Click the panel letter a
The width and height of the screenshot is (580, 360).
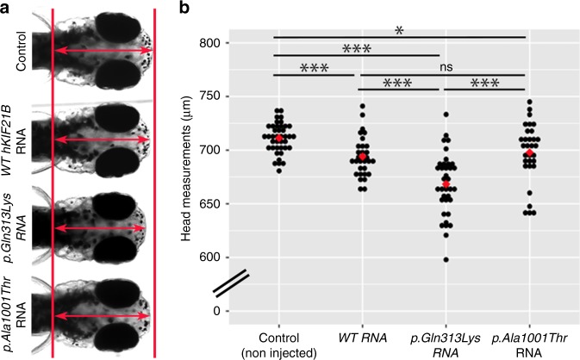(6, 8)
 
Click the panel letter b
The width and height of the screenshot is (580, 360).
(183, 8)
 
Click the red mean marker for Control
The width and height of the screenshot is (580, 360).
(278, 139)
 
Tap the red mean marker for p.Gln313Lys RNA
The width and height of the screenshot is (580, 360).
(445, 186)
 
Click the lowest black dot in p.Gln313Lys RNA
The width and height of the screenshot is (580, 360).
(445, 258)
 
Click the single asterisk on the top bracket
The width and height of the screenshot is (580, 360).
(398, 30)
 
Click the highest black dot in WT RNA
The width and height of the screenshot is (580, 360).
(363, 106)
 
